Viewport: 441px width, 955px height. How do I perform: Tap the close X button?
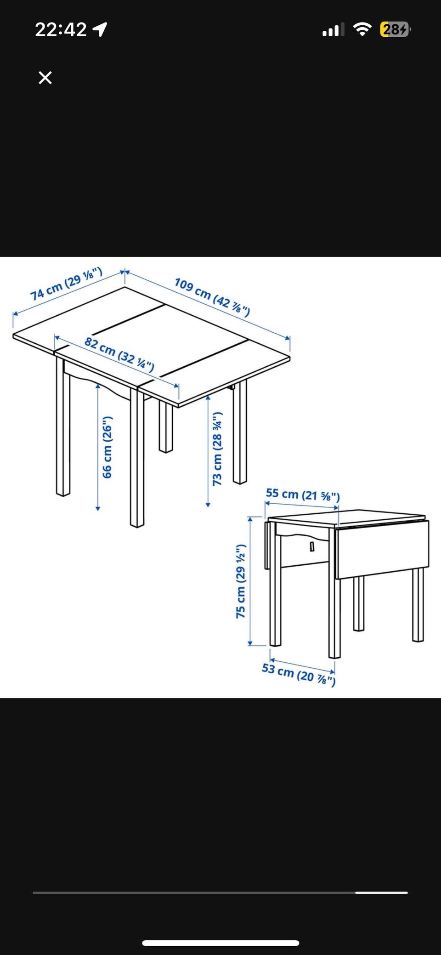click(45, 78)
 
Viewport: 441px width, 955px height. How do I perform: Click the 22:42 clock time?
click(61, 30)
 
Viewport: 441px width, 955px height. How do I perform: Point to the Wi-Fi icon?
click(362, 30)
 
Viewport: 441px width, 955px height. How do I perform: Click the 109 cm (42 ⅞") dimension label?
click(212, 297)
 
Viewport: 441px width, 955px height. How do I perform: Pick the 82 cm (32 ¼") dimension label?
click(119, 353)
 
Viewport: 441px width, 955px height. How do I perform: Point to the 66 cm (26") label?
click(107, 447)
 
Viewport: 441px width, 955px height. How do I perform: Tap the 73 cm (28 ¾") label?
click(217, 449)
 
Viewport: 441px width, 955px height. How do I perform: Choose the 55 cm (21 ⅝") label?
click(303, 495)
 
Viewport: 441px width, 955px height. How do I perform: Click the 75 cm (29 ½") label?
click(241, 581)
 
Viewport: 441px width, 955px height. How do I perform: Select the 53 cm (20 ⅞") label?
click(299, 674)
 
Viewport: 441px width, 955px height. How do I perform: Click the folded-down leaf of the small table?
click(382, 549)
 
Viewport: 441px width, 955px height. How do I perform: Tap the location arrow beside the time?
click(100, 30)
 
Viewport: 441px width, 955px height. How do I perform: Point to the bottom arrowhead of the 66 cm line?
click(98, 508)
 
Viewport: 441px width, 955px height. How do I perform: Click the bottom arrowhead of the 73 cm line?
click(208, 504)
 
